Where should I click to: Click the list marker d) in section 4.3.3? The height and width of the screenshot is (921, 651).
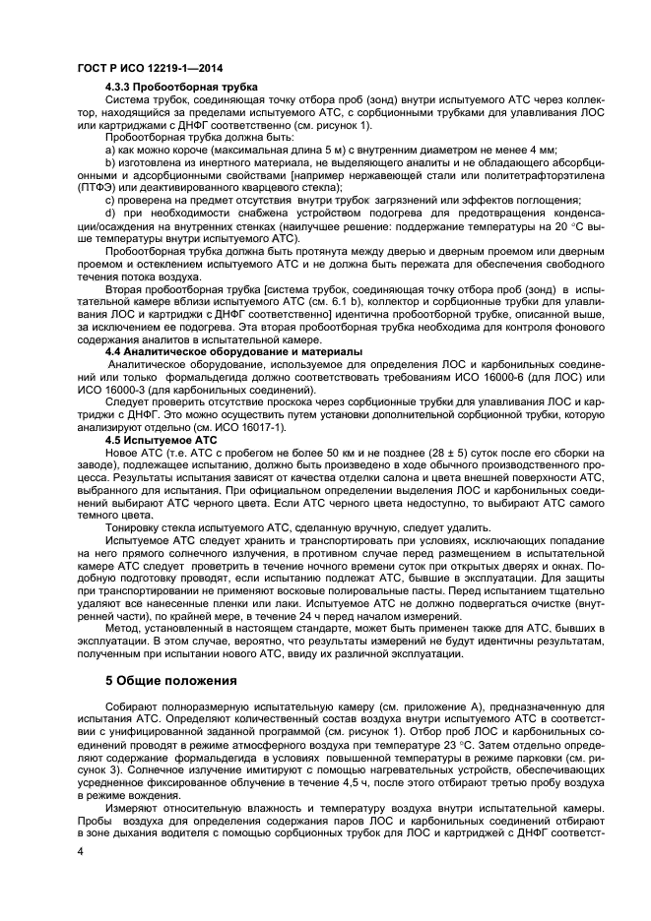pyautogui.click(x=111, y=212)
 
